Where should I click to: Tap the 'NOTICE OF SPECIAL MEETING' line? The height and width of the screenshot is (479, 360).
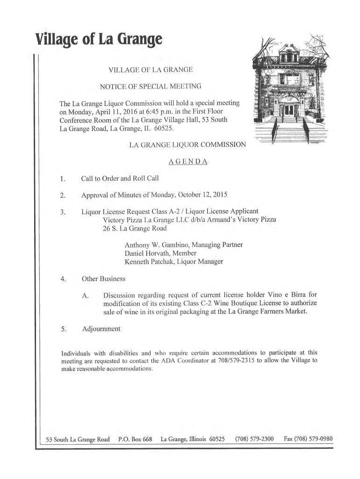point(151,86)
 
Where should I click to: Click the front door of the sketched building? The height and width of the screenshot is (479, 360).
point(290,110)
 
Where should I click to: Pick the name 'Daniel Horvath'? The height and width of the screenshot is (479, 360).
point(149,254)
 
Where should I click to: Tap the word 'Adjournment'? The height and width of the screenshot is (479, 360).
point(101,329)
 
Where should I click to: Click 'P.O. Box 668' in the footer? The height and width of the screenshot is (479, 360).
point(136,439)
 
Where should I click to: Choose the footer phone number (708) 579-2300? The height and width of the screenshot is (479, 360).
point(254,439)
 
